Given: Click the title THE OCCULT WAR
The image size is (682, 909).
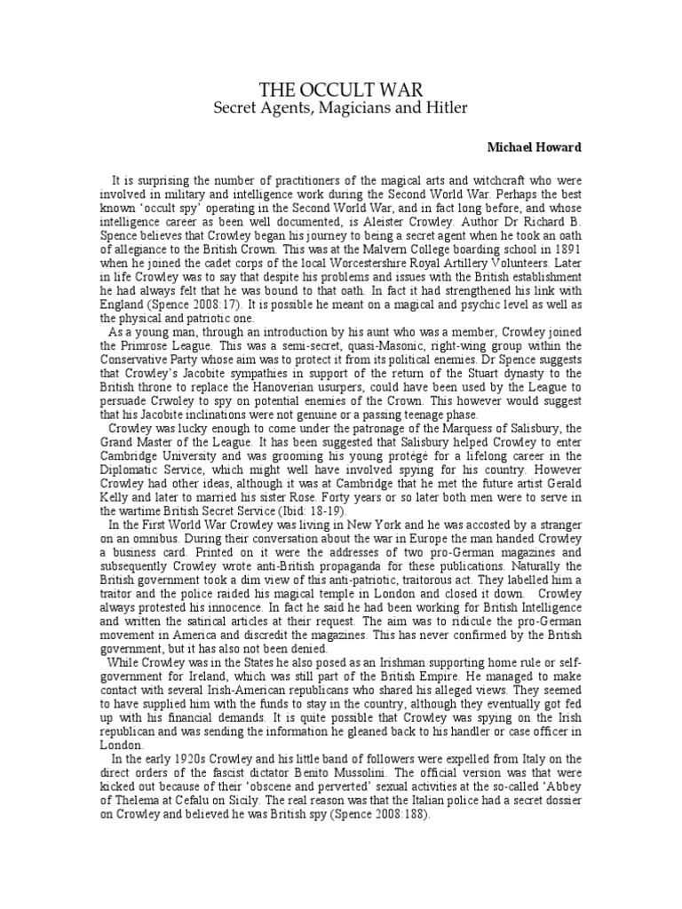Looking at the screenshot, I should [340, 89].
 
